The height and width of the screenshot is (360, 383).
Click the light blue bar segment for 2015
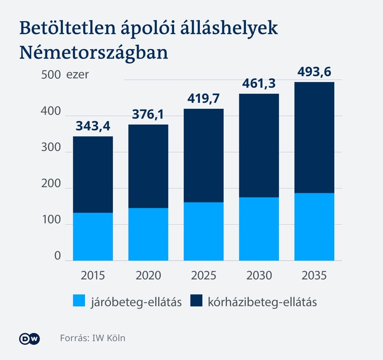(x=93, y=237)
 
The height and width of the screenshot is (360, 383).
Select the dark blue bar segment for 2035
(x=314, y=137)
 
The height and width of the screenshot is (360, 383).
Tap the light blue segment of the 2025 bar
(x=203, y=231)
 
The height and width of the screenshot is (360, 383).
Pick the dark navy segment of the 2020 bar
(x=148, y=166)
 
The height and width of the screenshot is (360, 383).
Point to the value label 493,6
(x=314, y=72)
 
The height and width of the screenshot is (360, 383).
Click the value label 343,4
(x=93, y=126)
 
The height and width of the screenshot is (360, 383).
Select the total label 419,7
(x=203, y=99)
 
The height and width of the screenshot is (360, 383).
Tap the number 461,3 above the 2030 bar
(x=259, y=84)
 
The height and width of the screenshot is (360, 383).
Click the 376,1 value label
(x=148, y=114)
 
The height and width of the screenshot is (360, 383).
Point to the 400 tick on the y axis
(x=51, y=111)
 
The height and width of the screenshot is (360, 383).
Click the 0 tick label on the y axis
(x=57, y=256)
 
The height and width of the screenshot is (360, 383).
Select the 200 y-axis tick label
(x=51, y=183)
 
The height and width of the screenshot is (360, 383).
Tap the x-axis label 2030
(x=259, y=275)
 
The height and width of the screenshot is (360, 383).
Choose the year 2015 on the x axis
(x=93, y=275)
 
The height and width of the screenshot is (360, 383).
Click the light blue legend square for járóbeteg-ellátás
(x=79, y=300)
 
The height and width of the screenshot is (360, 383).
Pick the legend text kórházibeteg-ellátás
(x=262, y=302)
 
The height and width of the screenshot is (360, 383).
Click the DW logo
(x=30, y=339)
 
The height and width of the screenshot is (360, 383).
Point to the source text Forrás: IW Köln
(x=93, y=338)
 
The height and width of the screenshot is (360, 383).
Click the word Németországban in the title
(x=94, y=53)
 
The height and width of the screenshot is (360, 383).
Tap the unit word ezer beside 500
(x=78, y=75)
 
